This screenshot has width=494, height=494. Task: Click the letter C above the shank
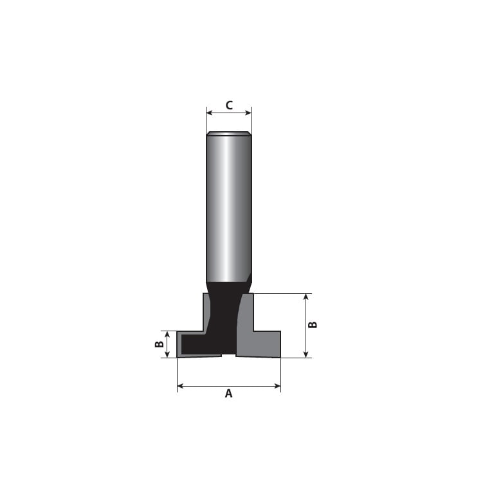(229, 105)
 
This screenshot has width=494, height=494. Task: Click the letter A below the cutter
(229, 394)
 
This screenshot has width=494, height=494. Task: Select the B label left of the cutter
(160, 344)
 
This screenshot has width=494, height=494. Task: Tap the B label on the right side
(313, 324)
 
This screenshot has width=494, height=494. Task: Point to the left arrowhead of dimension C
(209, 113)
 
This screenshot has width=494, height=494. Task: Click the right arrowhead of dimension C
(248, 113)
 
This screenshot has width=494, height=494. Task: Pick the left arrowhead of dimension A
(181, 386)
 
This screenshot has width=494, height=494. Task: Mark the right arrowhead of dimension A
(277, 386)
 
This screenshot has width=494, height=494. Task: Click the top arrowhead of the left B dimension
(167, 334)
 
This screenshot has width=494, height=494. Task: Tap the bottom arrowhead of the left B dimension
(167, 354)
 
